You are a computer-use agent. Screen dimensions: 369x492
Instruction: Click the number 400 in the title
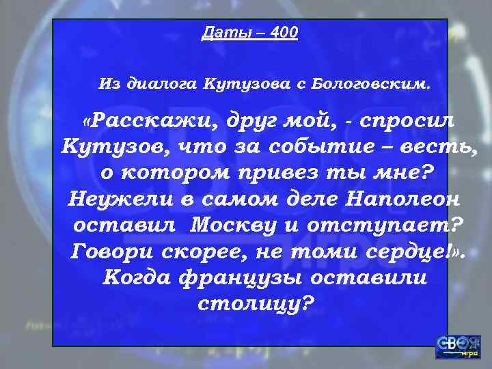click(283, 33)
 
